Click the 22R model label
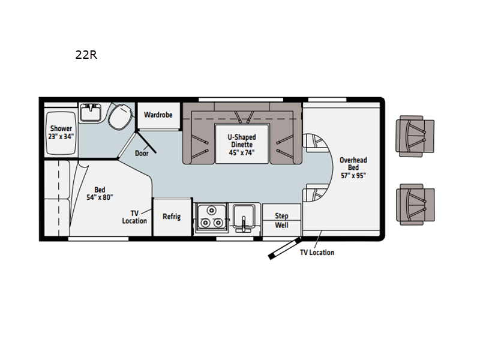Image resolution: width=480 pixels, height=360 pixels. [x=86, y=55]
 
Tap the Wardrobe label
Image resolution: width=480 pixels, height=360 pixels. [x=158, y=115]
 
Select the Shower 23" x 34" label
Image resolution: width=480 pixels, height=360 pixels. [x=61, y=132]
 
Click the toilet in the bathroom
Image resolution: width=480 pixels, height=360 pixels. [x=121, y=116]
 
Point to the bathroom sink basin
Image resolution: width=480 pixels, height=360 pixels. [x=91, y=112]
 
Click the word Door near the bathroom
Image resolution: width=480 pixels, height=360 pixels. [x=142, y=153]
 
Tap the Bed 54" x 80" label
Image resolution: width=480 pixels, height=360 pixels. [x=100, y=193]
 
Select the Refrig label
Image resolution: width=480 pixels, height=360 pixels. [x=172, y=217]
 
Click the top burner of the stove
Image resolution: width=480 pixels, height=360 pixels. [x=211, y=211]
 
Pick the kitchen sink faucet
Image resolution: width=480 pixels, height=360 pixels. [x=244, y=224]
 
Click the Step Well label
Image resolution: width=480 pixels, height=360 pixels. [x=281, y=220]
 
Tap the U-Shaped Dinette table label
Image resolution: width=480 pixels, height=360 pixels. [x=242, y=145]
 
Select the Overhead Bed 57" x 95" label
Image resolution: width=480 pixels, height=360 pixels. [x=353, y=167]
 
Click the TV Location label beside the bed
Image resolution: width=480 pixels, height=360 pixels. [x=134, y=217]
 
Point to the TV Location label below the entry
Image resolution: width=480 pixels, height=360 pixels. [x=317, y=252]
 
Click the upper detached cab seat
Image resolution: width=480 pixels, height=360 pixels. [x=415, y=136]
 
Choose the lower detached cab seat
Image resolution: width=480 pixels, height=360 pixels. [x=415, y=205]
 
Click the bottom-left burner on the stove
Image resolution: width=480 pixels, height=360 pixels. [x=206, y=223]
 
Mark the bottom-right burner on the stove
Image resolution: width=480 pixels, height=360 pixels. [x=218, y=223]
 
